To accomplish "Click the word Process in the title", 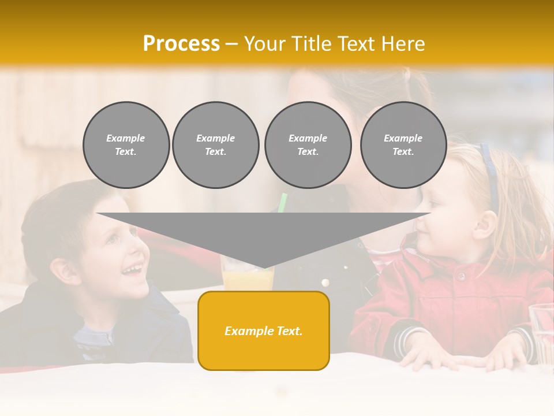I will click(x=181, y=44).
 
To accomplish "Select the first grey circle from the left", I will click(x=126, y=145).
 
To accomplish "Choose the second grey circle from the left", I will click(x=215, y=145).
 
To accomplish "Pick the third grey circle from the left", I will click(x=308, y=145).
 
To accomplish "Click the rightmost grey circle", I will click(x=403, y=145).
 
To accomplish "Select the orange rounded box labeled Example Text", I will click(x=263, y=330).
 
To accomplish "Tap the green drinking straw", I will click(x=282, y=202).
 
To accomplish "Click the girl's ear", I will click(x=484, y=224).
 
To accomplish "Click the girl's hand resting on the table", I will click(x=439, y=355).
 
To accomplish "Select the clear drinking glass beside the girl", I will click(x=542, y=332).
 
